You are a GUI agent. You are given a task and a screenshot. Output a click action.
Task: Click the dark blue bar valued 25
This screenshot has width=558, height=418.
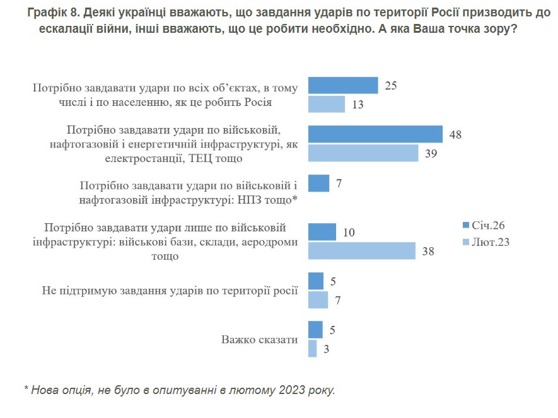[x=342, y=86]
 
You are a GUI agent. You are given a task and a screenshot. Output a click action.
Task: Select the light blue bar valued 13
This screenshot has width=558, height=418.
[x=326, y=104]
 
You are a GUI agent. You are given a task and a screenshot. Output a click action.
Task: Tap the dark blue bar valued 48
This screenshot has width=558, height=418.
[x=375, y=134]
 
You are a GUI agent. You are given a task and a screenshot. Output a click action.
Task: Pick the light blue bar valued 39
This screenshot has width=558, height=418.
[x=363, y=153]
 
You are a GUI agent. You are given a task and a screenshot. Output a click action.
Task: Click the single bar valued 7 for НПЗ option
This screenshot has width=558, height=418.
[x=318, y=183]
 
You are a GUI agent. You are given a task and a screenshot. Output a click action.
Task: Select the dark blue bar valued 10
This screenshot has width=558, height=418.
[x=322, y=232]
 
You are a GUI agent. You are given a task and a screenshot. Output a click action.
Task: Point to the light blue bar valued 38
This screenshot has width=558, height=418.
[x=361, y=251]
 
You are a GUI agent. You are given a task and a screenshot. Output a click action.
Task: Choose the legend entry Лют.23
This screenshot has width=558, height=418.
[x=485, y=241]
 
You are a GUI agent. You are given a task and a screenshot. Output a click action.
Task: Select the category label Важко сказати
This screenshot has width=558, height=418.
[x=259, y=339]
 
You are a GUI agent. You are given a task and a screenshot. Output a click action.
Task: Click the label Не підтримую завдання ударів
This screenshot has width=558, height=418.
[x=170, y=291]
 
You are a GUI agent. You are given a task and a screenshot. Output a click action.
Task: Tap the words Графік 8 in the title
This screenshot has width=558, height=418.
[x=51, y=13]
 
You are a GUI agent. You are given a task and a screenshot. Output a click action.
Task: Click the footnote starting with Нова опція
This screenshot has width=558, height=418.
[x=180, y=390]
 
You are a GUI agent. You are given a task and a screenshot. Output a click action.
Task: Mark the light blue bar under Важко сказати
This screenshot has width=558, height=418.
[x=312, y=349]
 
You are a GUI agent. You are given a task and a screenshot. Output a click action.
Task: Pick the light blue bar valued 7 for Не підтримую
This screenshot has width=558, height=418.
[x=318, y=300]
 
